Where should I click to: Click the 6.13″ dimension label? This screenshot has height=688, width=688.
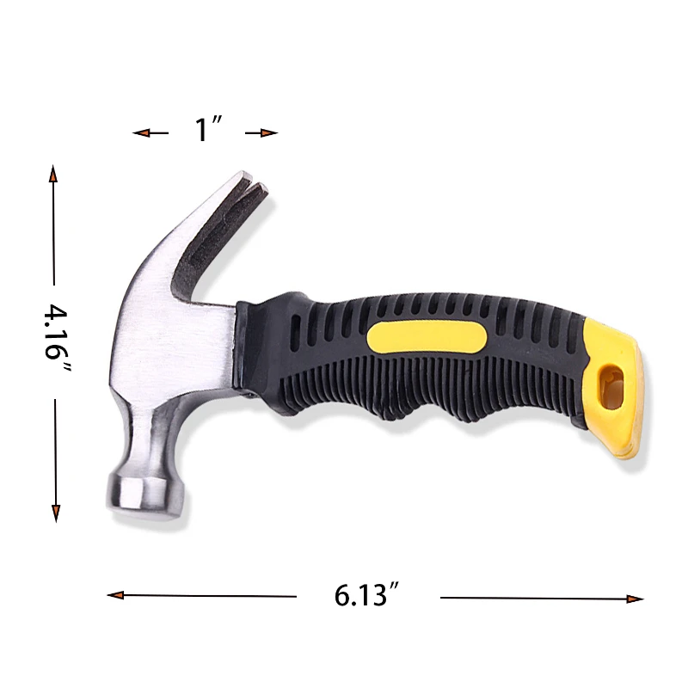pyautogui.click(x=369, y=594)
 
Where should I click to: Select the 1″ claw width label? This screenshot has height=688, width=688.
pyautogui.click(x=206, y=131)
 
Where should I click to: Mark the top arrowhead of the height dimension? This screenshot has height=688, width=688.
pyautogui.click(x=54, y=175)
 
